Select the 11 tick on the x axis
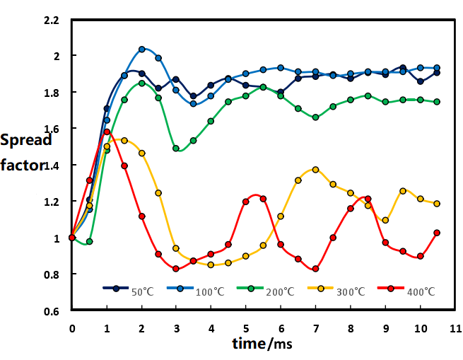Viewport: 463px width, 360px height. coord(455,328)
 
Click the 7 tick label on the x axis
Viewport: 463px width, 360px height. coord(315,328)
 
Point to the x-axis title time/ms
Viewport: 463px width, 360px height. coord(262,344)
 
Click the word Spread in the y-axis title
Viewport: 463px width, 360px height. coord(26,139)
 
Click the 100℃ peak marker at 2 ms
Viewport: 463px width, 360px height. coord(141,50)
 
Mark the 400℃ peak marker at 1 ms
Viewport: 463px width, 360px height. coord(107,132)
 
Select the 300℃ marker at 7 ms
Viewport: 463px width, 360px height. coord(315,170)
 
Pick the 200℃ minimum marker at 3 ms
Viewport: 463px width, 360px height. coord(176,149)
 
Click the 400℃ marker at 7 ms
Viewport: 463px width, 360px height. coord(315,269)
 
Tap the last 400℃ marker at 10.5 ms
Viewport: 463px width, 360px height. coord(437,233)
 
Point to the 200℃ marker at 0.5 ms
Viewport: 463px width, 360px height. coord(89,242)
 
